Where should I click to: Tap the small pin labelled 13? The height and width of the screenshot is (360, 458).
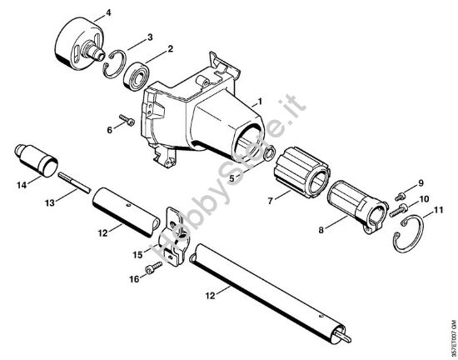[72, 182]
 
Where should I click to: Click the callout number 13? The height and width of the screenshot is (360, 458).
[50, 202]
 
